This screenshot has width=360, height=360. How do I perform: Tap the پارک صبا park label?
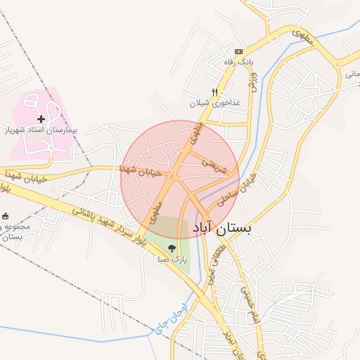click(172, 260)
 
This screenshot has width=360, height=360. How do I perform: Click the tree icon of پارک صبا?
click(172, 248)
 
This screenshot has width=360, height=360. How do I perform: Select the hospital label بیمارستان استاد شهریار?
click(41, 131)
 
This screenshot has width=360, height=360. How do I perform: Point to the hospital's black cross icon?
click(41, 120)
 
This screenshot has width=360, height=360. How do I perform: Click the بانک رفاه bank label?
click(238, 63)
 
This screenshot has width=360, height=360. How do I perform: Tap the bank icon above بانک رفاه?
click(238, 51)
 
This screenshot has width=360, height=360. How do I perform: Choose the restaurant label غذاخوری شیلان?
click(214, 103)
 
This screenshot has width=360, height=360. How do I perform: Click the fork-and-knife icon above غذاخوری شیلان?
click(214, 92)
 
